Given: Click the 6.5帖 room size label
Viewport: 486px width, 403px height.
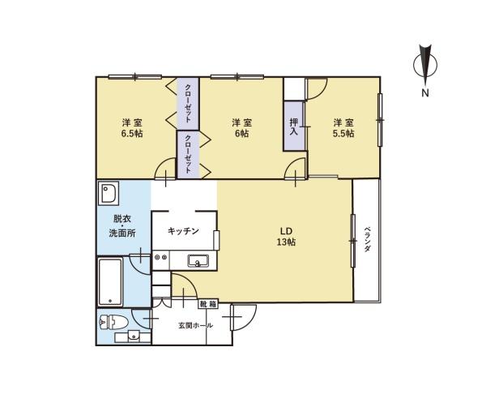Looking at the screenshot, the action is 132,134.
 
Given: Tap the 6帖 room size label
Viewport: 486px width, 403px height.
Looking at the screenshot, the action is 241,134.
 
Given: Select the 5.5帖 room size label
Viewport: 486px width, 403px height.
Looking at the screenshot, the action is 343,134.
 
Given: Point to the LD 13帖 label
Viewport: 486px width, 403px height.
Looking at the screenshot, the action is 286,237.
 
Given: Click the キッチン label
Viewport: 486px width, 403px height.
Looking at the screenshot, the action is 183,231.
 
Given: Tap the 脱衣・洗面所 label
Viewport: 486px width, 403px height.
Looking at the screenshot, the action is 122,226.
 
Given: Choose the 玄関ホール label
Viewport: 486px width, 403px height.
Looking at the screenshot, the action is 195,325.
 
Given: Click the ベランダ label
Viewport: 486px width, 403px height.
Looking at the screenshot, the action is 367,239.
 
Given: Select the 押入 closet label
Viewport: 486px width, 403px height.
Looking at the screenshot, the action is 293,126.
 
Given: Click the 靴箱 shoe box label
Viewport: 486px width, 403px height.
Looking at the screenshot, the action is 207,304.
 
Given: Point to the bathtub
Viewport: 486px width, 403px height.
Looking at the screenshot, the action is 110,281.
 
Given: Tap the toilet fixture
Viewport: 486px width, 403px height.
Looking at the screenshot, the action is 113,322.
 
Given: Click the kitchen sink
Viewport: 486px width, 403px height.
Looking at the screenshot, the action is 198,260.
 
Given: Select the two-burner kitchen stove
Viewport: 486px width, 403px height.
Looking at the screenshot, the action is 161,257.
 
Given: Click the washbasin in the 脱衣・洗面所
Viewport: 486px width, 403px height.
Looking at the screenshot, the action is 109,193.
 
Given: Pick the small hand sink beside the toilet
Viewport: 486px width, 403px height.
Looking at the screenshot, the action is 133,336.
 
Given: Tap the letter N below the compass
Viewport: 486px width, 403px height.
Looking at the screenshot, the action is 425,92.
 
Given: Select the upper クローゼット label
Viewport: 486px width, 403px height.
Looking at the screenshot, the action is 188,103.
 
